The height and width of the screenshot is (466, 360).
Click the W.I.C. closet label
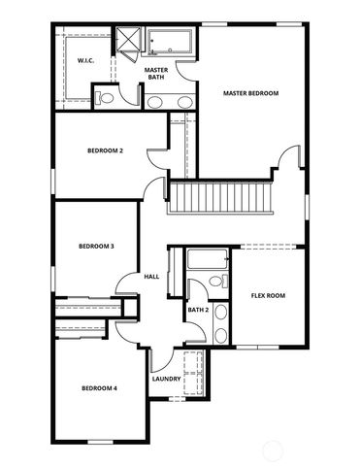(x=85, y=61)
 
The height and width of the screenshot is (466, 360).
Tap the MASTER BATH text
(x=156, y=75)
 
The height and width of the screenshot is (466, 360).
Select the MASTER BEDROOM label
(x=250, y=93)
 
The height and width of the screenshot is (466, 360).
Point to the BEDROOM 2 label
(x=105, y=150)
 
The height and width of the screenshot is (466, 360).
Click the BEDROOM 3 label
(x=96, y=247)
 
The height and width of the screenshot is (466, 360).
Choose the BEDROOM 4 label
(x=99, y=388)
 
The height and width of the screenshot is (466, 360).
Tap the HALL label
(x=151, y=277)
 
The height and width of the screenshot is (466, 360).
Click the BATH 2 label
(x=198, y=310)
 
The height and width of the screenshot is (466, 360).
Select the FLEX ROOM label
(x=268, y=295)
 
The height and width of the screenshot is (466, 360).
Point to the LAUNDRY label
(x=167, y=380)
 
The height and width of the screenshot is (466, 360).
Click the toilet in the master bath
(x=106, y=97)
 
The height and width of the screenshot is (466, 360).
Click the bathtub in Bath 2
(x=207, y=259)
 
